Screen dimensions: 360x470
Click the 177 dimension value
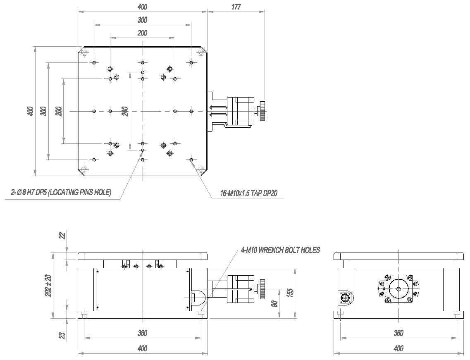[236, 7]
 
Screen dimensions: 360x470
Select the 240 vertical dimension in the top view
[126, 110]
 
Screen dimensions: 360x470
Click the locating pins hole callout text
[61, 192]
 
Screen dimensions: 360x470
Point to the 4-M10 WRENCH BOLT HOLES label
[280, 250]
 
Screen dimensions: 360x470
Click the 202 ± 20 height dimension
[48, 286]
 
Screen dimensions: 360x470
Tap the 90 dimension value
[274, 304]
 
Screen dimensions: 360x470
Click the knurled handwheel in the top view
[262, 111]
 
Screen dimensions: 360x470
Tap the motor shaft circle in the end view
[399, 289]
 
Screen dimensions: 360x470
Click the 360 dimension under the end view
[398, 333]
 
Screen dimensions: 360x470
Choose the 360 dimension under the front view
[142, 333]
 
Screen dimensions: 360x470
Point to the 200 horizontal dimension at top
[142, 33]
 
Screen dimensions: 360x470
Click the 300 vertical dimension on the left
[44, 111]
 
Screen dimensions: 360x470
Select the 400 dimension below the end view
[398, 348]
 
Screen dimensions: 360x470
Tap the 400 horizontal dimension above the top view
[142, 7]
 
